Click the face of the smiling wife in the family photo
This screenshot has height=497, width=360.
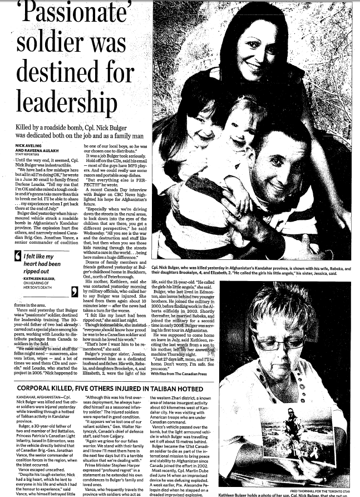tap(260, 53)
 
